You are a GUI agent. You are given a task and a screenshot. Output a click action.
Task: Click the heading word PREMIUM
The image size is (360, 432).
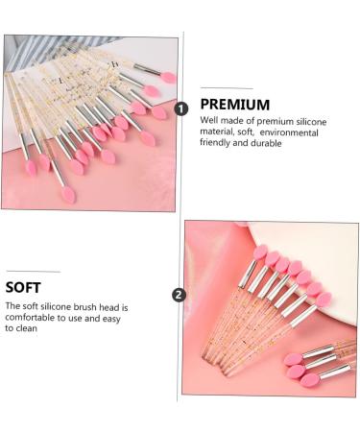[235, 104]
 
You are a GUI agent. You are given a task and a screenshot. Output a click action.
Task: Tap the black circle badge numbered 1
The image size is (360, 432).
[181, 108]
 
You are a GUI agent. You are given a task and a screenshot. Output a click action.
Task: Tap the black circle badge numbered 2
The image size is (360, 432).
[178, 294]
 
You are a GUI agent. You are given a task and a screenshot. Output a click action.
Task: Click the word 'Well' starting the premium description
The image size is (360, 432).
[209, 121]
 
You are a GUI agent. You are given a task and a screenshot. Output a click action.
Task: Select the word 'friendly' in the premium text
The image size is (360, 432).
[216, 143]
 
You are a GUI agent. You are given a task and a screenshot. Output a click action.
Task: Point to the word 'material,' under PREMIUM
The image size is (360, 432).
[220, 132]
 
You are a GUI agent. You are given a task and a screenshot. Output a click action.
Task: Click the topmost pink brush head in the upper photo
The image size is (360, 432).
[168, 77]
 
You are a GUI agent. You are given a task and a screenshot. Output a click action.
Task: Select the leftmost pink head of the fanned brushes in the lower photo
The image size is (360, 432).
[260, 252]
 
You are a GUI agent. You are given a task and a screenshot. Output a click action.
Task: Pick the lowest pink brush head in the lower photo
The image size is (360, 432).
[310, 380]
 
